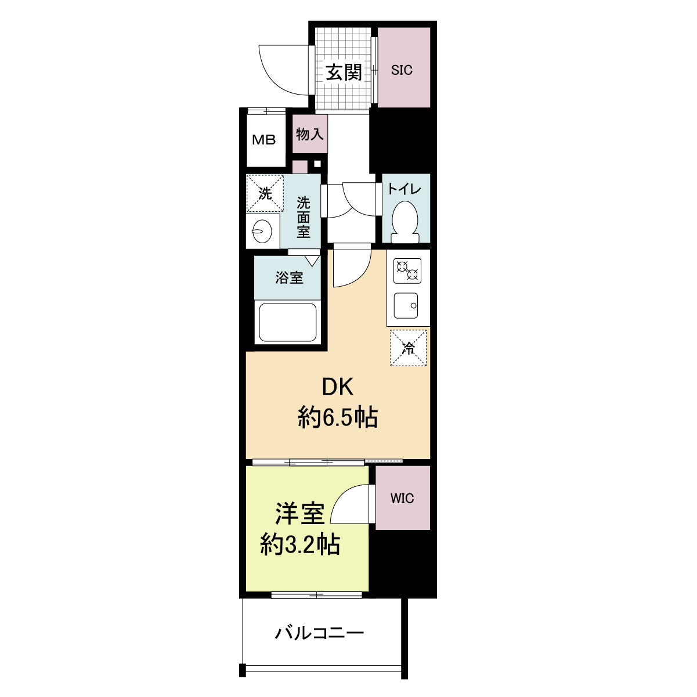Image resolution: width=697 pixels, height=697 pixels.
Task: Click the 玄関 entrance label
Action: pos(344,72)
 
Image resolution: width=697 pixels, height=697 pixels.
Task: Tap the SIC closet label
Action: pos(402,70)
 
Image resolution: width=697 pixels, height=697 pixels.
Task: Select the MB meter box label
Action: pos(263,140)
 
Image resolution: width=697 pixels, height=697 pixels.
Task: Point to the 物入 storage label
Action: pos(309,134)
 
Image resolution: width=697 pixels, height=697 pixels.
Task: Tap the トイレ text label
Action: pos(405,189)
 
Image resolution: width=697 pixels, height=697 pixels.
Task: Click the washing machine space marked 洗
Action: pos(265,193)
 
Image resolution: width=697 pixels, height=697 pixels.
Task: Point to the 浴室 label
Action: pos(289,277)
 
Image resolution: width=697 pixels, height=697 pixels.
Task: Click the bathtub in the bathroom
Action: pos(287,322)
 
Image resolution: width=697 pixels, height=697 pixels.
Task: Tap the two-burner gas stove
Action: pos(407,270)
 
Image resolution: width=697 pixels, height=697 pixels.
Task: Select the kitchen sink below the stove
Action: pos(406,305)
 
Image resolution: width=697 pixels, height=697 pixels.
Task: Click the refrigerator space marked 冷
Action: pos(408,348)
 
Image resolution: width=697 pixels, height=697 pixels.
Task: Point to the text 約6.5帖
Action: pos(338,417)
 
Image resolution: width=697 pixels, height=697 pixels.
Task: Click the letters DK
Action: pos(338,387)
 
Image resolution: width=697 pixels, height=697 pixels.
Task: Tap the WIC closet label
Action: pos(402,498)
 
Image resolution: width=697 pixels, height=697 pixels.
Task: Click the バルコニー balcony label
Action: pos(319,632)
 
